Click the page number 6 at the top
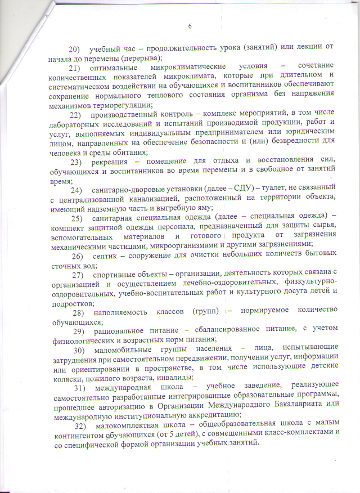tap(190, 26)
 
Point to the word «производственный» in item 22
tap(124, 115)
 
